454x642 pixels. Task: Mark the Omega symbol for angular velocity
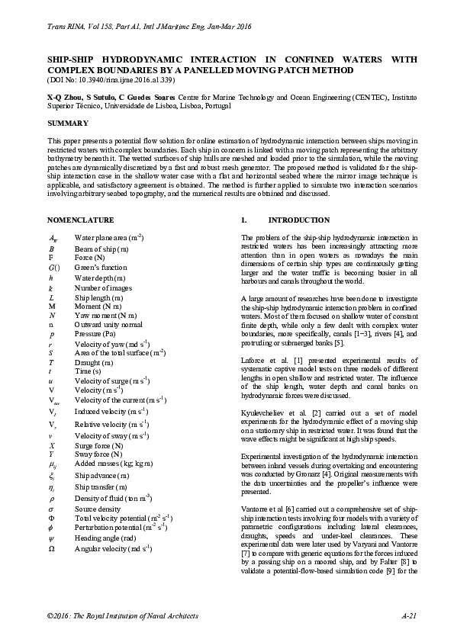[x=51, y=547]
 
